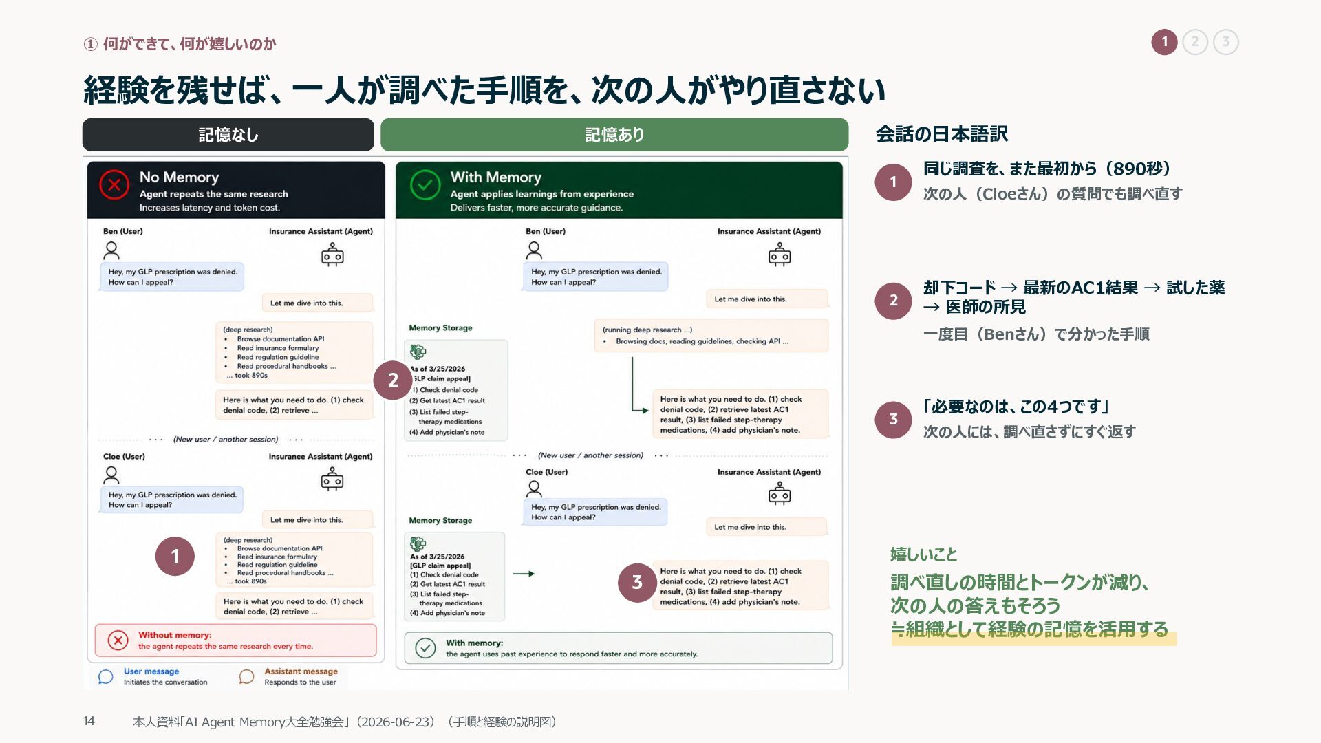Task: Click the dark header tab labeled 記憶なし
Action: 228,135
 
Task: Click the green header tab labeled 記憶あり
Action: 614,135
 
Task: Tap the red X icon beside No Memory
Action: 114,185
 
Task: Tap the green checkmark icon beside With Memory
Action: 425,185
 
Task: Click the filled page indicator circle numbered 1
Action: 1164,42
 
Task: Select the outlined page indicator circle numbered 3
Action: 1225,42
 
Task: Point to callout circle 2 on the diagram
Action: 393,380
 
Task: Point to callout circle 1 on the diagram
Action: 175,556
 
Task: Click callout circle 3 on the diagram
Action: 637,582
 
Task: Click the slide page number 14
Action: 89,721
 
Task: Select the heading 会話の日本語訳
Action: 942,134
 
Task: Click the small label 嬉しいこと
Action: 924,554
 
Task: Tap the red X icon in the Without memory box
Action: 118,640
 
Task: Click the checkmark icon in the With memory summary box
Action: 425,648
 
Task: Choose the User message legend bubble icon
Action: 105,677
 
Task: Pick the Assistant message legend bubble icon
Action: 246,677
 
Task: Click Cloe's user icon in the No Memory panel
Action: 111,475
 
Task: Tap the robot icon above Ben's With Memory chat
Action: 780,255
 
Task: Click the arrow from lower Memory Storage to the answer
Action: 524,574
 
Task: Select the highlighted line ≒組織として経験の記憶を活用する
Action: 1029,629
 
